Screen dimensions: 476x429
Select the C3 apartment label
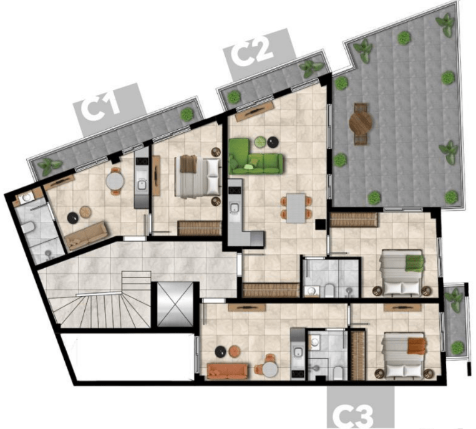point(353,417)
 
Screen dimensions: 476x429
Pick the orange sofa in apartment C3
point(227,371)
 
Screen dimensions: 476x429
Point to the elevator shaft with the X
point(175,304)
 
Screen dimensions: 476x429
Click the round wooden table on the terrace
point(361,124)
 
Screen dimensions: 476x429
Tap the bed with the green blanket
point(401,273)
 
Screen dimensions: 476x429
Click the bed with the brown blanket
point(197,176)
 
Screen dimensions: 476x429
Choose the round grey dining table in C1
point(115,181)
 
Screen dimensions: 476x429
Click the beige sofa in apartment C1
point(87,236)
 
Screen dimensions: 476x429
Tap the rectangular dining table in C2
point(296,208)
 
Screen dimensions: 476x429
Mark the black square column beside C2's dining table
point(320,224)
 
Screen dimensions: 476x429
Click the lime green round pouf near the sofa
point(260,142)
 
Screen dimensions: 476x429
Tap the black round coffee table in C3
point(220,351)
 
